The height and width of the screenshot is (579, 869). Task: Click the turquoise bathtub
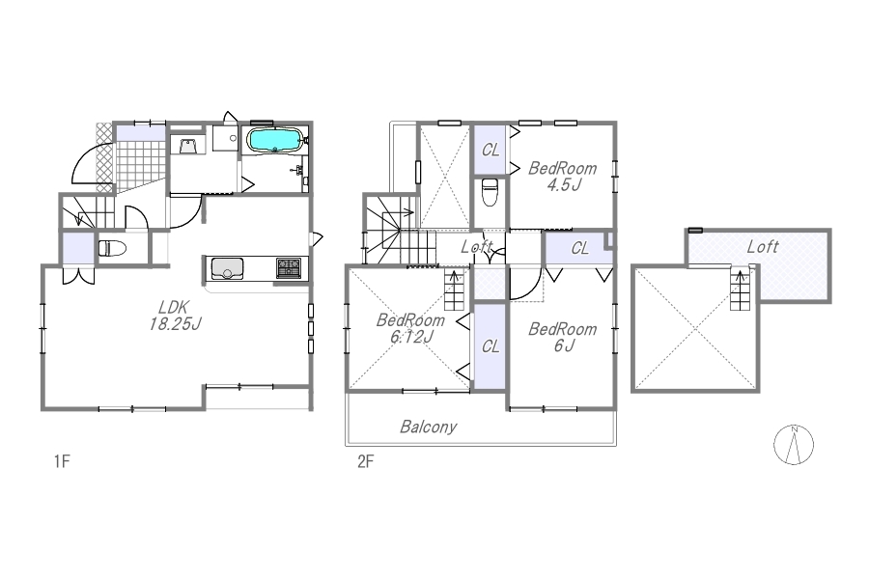coord(275,140)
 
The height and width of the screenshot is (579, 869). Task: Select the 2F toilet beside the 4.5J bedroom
coord(490,192)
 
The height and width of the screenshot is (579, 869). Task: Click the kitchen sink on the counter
coord(227,269)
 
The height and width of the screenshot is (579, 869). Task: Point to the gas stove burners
coord(289,267)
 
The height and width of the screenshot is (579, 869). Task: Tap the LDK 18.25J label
coord(175,316)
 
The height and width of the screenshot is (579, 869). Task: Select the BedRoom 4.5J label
coord(563,177)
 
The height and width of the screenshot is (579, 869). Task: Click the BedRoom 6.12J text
coord(410,328)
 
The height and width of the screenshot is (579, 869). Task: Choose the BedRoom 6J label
coord(563,337)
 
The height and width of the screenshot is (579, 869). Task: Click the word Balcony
coord(429,427)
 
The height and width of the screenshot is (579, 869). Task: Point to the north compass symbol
coord(794,444)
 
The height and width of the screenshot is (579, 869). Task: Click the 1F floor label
coord(62,461)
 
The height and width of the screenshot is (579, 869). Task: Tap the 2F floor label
coord(365,461)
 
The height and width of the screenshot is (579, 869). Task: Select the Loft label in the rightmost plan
coord(763,247)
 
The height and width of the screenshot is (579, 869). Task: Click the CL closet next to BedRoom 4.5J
coord(491,150)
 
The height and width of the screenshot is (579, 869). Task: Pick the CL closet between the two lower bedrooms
coord(491,346)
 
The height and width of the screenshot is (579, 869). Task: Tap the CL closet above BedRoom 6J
coord(579,248)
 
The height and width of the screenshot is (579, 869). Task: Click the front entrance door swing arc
coord(86,161)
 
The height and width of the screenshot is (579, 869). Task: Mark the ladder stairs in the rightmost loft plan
coord(740,289)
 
